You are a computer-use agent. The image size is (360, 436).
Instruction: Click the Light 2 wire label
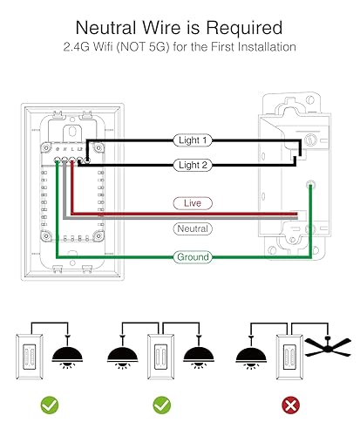coord(193,163)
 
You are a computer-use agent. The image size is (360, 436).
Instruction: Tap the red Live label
coord(193,202)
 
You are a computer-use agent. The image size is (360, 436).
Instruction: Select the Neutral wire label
coord(193,228)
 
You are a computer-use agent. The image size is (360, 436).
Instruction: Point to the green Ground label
coord(193,257)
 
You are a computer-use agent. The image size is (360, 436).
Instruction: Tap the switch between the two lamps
coord(161,352)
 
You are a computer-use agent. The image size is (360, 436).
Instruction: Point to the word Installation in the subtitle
coord(253,46)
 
